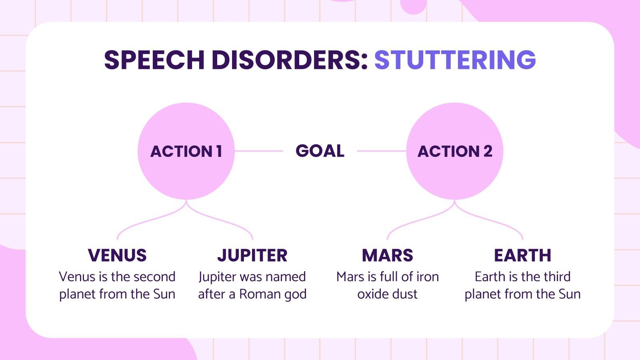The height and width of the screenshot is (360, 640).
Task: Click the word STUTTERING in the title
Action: [x=455, y=60]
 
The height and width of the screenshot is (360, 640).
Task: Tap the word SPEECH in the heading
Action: [x=154, y=60]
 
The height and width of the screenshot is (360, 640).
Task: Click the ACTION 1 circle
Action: [x=186, y=172]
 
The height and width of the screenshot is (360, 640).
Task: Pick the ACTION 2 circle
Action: [x=455, y=172]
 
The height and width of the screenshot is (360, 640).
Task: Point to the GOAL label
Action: [x=320, y=151]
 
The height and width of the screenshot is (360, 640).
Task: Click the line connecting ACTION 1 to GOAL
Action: [x=259, y=151]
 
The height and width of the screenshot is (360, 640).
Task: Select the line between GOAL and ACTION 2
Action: [x=381, y=151]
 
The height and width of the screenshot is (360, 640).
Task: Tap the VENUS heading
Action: [x=117, y=255]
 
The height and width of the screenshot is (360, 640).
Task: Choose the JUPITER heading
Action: [x=252, y=255]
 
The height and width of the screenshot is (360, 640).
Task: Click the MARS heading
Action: [x=388, y=255]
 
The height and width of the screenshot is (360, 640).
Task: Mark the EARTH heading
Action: [x=522, y=255]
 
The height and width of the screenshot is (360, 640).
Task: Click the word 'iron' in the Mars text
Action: [x=428, y=277]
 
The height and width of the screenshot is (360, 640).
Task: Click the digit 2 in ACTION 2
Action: [x=488, y=151]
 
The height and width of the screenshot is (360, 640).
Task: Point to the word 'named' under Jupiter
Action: [x=285, y=277]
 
